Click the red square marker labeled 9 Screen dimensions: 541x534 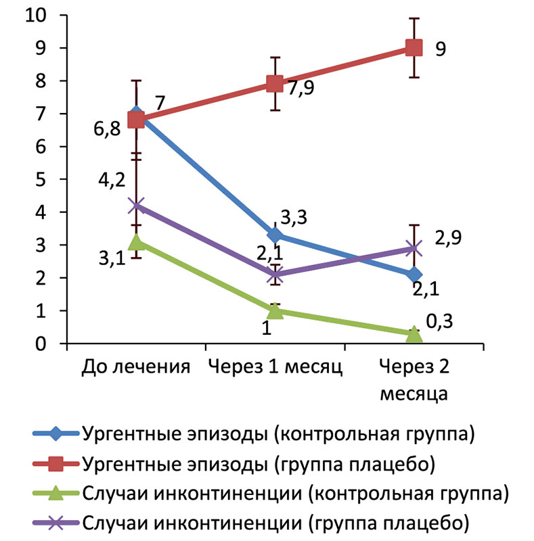414,47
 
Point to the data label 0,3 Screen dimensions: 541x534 440,321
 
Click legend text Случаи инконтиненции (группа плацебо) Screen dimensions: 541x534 275,522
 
